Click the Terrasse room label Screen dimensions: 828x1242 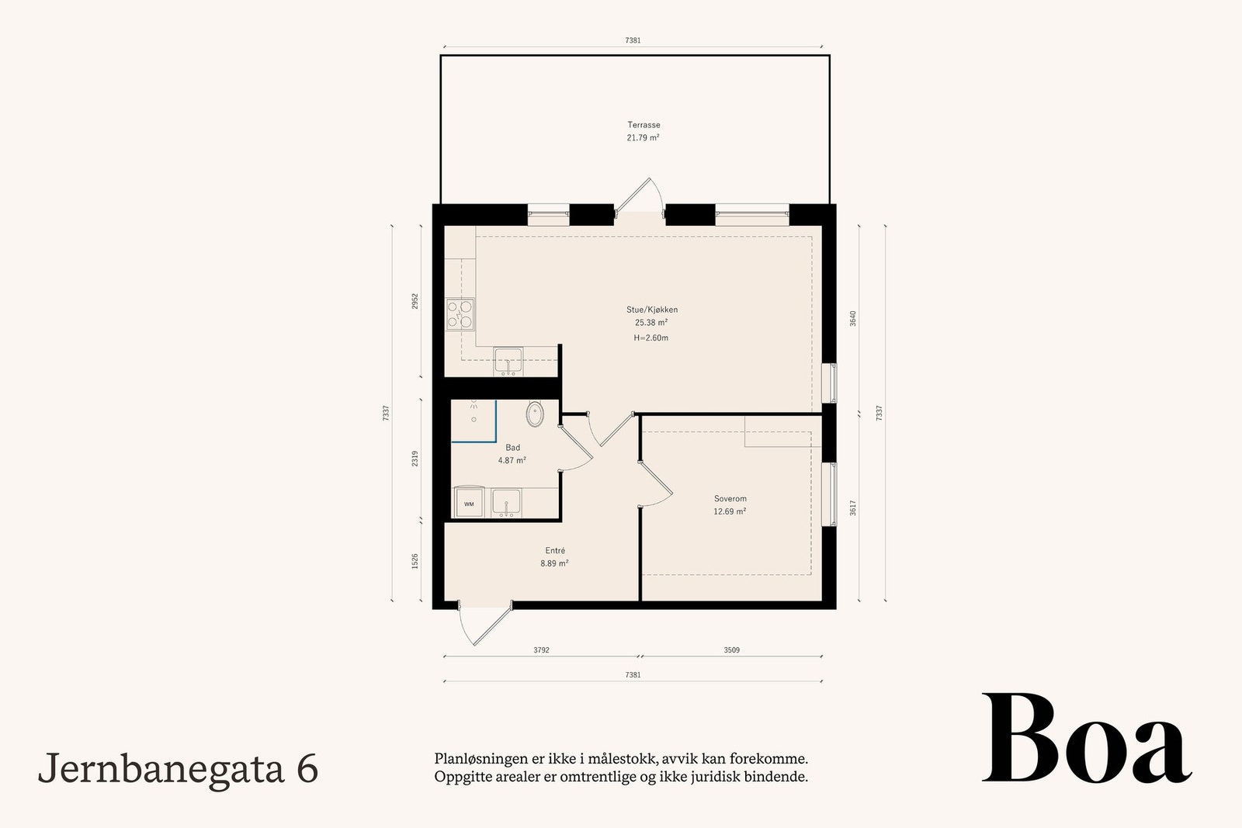pos(644,125)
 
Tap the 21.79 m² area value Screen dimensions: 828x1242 pos(644,138)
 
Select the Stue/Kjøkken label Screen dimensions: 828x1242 pos(651,310)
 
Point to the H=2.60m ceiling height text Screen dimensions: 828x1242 pos(651,338)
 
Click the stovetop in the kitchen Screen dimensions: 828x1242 pos(460,314)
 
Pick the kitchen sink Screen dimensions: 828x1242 pos(508,362)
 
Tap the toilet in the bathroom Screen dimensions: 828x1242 pos(536,414)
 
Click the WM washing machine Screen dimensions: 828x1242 pos(469,502)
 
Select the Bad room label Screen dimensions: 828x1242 pos(512,448)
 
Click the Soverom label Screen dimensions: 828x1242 pos(730,499)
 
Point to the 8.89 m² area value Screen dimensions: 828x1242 pos(554,564)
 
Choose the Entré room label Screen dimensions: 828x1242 pos(554,551)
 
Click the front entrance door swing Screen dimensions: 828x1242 pos(475,625)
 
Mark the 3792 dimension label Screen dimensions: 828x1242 pos(541,650)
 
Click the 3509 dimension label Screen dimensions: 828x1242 pos(731,650)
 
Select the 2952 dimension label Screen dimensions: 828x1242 pos(415,301)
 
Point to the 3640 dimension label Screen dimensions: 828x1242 pos(852,318)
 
